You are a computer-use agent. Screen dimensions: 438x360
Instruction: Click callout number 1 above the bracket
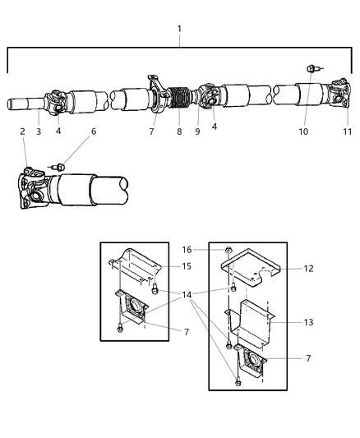point(180,28)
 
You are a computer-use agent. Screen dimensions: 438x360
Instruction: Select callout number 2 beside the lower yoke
point(23,131)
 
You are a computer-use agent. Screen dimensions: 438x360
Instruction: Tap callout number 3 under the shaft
point(39,131)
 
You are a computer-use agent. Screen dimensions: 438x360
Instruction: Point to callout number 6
point(93,131)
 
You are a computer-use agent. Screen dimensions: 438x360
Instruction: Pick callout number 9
point(197,131)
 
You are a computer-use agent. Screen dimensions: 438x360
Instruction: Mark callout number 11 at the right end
point(347,131)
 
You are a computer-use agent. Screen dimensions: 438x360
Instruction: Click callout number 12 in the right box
point(308,268)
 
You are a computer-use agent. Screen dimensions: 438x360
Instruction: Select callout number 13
point(308,323)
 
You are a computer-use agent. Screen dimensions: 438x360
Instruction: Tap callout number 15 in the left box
point(186,265)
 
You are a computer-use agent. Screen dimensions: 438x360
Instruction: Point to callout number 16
point(186,248)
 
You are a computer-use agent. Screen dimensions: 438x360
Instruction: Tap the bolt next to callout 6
point(59,167)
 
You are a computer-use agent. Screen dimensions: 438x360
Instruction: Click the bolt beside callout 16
point(228,249)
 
